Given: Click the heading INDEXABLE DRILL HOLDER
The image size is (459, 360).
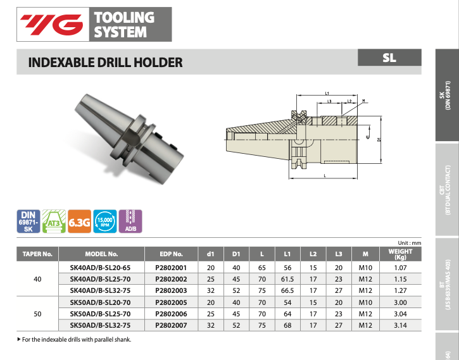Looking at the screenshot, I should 106,62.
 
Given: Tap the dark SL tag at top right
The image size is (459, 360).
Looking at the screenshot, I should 389,58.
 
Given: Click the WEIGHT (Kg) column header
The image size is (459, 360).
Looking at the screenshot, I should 399,254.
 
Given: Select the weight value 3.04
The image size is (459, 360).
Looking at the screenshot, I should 399,313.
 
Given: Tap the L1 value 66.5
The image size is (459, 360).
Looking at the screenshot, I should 287,290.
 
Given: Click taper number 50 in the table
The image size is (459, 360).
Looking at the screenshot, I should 37,313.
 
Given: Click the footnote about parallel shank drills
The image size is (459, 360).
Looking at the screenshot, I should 76,340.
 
